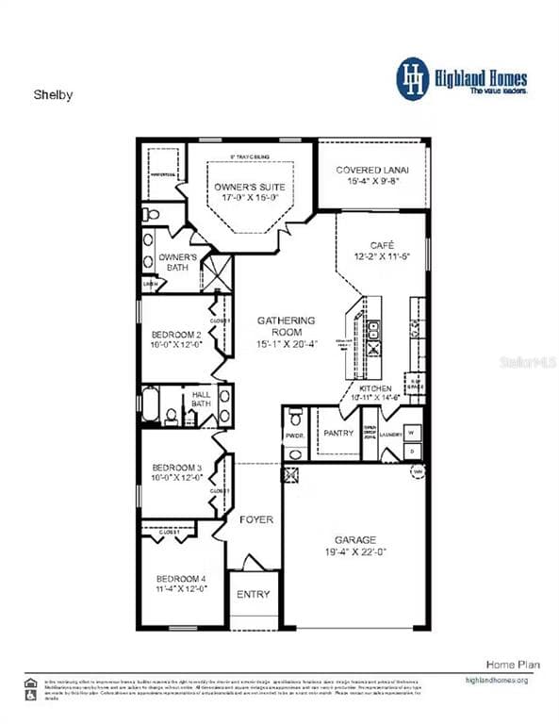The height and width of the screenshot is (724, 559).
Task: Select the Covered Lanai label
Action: pyautogui.click(x=372, y=170)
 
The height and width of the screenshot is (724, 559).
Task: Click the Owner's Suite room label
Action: pyautogui.click(x=250, y=187)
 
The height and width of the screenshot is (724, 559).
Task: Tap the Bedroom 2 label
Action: pyautogui.click(x=176, y=334)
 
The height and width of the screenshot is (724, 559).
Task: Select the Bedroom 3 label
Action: pyautogui.click(x=176, y=468)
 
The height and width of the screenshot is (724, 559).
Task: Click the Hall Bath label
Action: pyautogui.click(x=202, y=400)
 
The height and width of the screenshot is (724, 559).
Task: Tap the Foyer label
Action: pyautogui.click(x=255, y=519)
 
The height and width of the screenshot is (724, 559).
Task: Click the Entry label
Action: pyautogui.click(x=253, y=594)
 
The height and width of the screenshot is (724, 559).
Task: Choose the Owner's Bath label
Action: pyautogui.click(x=177, y=261)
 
